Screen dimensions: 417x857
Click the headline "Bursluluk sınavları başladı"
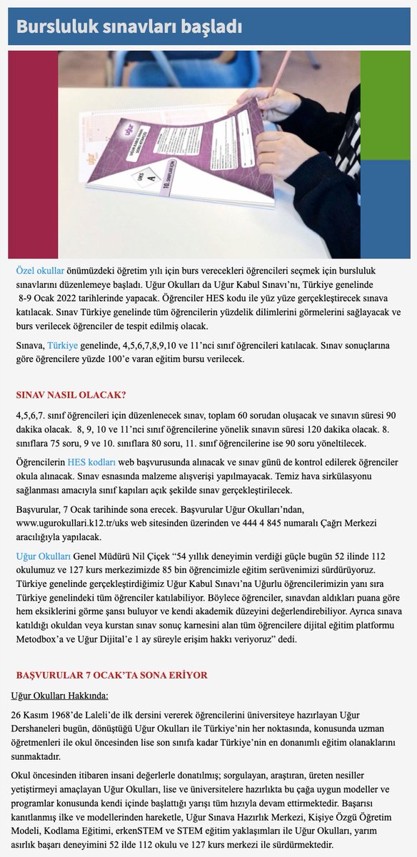[129, 27]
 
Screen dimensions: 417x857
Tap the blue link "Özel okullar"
[40, 271]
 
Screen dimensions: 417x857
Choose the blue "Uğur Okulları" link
[43, 556]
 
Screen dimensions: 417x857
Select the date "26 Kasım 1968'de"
[51, 716]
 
